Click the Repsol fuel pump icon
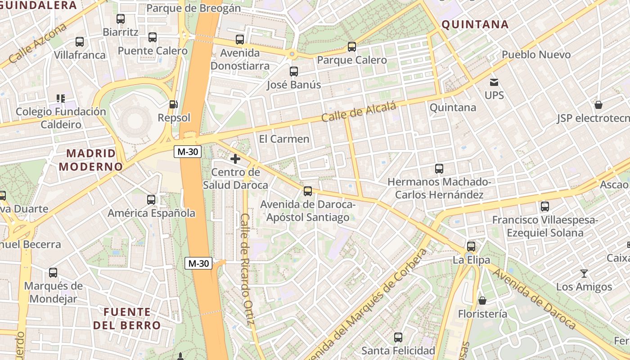coord(173,104)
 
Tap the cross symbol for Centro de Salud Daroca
coord(235,158)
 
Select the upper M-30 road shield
coord(187,152)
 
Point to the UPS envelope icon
coord(494,82)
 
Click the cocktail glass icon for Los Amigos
coord(584,273)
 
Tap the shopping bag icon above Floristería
coord(482,300)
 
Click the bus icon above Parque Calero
coord(352,46)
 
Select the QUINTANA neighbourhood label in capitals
coord(475,25)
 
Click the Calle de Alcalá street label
coord(359,112)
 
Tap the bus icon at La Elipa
coord(471,247)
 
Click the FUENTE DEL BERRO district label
coord(127,318)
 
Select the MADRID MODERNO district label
coord(91,160)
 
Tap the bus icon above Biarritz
coord(120,19)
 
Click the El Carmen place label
coord(284,139)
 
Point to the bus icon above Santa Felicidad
coord(398,337)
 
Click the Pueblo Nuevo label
coord(536,55)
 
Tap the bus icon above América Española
coord(151,199)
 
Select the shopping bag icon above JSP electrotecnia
coord(598,105)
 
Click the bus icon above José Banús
coord(294,71)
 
